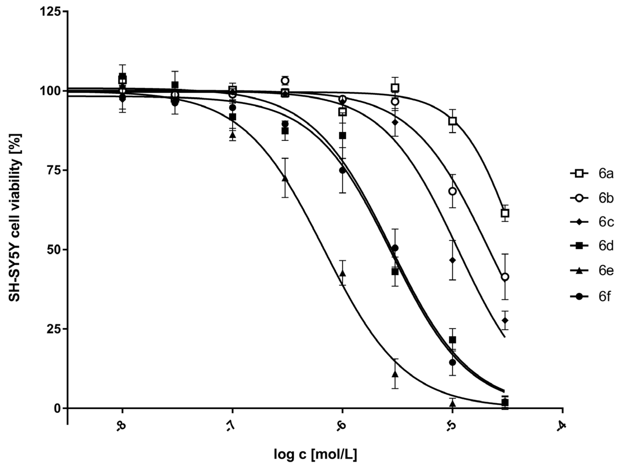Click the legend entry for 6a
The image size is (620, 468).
tap(592, 174)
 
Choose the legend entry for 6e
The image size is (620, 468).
tap(592, 271)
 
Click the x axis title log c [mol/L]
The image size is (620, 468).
tap(315, 455)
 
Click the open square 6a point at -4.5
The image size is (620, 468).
tap(505, 213)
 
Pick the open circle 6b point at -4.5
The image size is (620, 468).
tap(505, 277)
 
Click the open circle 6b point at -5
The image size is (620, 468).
tap(452, 191)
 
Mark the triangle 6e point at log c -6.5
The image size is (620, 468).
tap(285, 178)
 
